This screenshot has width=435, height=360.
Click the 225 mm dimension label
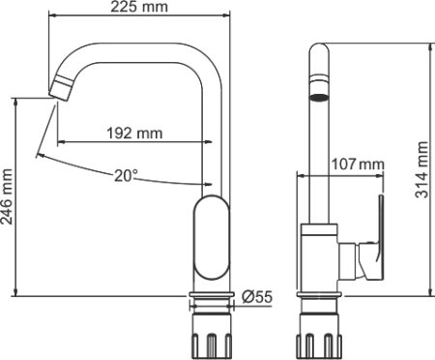(x=139, y=9)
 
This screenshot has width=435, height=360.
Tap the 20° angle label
(x=126, y=175)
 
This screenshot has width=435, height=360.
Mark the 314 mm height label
(x=422, y=169)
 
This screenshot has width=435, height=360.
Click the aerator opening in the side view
(x=318, y=98)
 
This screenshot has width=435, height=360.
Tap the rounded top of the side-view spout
(x=318, y=53)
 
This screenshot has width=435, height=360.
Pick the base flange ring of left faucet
(x=213, y=297)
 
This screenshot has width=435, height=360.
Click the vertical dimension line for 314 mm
(x=432, y=169)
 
